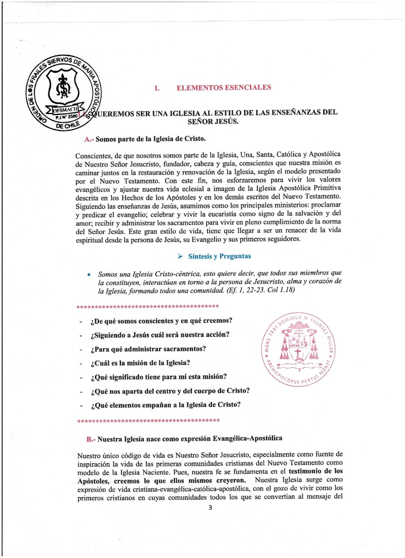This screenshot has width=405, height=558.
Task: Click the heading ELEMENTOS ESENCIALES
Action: [x=224, y=88]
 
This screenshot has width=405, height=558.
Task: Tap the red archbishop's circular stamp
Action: [x=298, y=349]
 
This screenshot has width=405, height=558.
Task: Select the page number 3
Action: [x=210, y=507]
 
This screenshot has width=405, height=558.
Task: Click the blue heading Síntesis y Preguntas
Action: [x=219, y=256]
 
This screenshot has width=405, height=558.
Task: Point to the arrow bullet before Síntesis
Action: [x=180, y=257]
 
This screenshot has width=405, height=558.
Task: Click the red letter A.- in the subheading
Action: [x=89, y=139]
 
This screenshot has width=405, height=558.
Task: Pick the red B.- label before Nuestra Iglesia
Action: [x=91, y=439]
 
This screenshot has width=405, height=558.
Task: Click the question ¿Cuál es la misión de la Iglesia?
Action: [x=140, y=363]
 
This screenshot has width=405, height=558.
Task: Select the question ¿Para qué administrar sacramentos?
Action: [x=148, y=349]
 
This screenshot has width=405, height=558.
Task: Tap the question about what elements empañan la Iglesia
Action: [x=166, y=405]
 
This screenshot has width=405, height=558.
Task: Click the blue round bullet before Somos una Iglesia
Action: [x=89, y=275]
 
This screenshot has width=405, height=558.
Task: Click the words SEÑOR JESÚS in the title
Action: [x=213, y=121]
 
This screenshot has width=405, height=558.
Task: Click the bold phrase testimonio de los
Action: [x=316, y=471]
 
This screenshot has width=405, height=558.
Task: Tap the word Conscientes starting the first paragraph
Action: [x=93, y=156]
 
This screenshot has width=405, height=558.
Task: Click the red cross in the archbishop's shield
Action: [x=298, y=354]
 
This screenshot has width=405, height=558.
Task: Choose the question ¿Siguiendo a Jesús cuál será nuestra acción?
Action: [x=160, y=335]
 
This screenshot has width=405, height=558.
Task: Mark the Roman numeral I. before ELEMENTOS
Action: [x=157, y=88]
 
